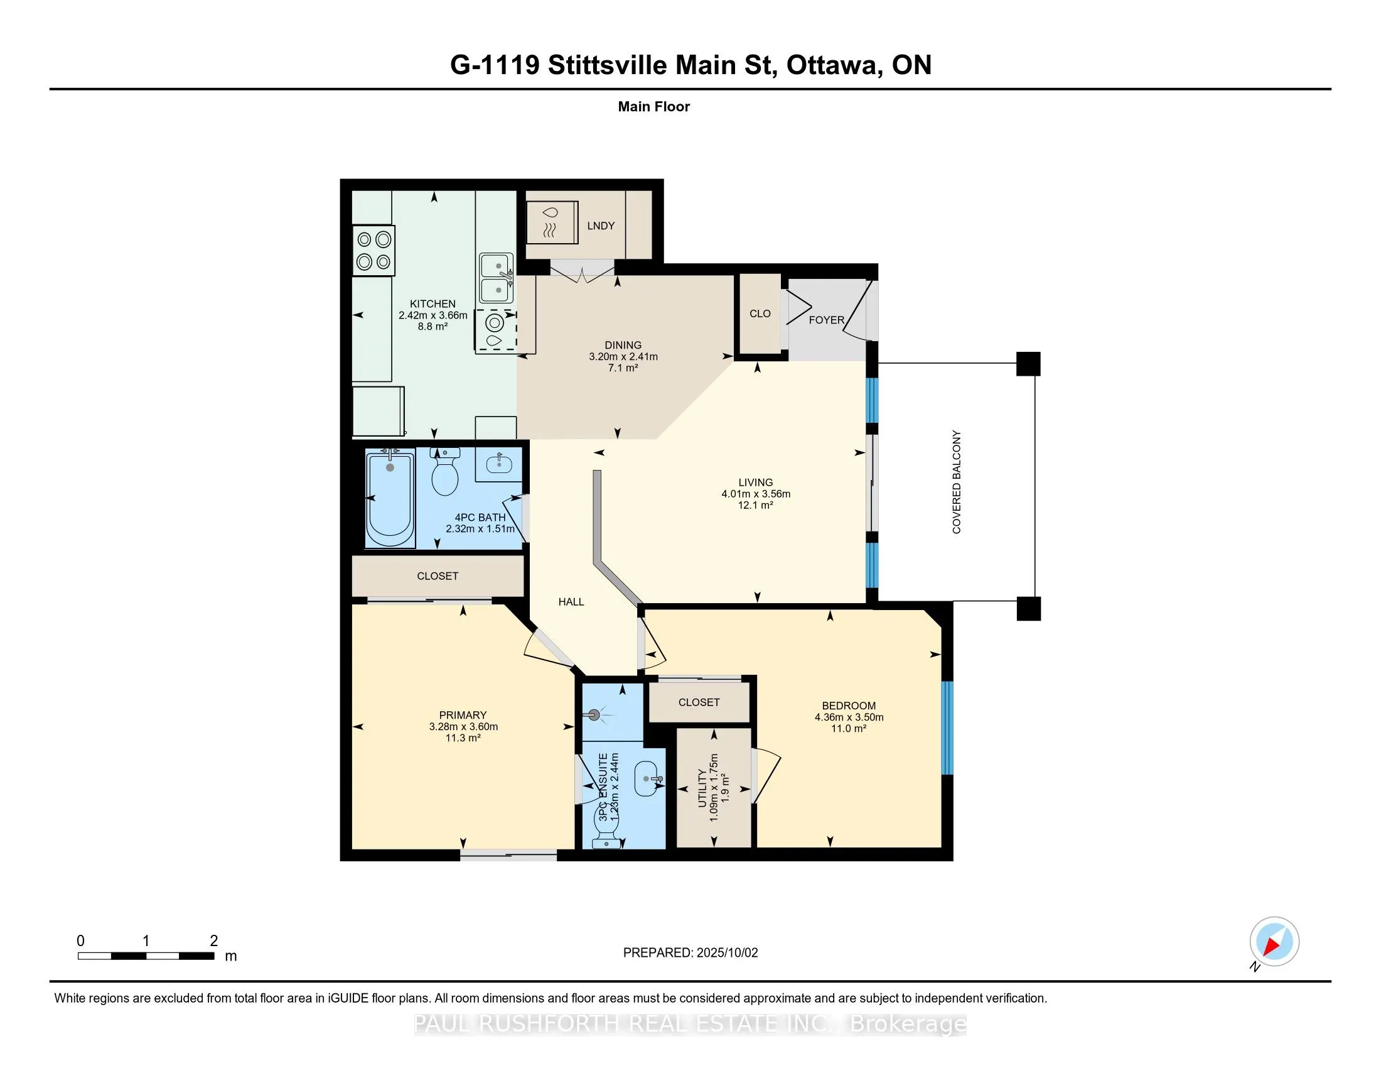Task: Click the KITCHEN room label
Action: click(x=433, y=303)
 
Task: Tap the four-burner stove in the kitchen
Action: click(x=373, y=251)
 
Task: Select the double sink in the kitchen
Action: click(x=497, y=278)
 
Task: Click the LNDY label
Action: click(x=601, y=226)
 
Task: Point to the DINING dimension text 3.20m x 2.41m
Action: click(x=623, y=356)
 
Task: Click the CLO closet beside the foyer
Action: click(x=760, y=314)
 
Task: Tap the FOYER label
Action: click(x=827, y=320)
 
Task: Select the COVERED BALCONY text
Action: click(x=956, y=482)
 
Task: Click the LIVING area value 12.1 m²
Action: click(x=756, y=505)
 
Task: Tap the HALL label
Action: click(x=571, y=602)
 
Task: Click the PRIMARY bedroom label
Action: click(x=463, y=715)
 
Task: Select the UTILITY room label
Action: click(x=702, y=788)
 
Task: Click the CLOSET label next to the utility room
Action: click(x=699, y=702)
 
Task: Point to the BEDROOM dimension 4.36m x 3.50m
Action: click(x=849, y=717)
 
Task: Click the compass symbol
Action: click(x=1274, y=941)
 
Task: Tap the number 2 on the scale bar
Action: click(x=213, y=941)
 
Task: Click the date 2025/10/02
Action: click(x=726, y=953)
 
